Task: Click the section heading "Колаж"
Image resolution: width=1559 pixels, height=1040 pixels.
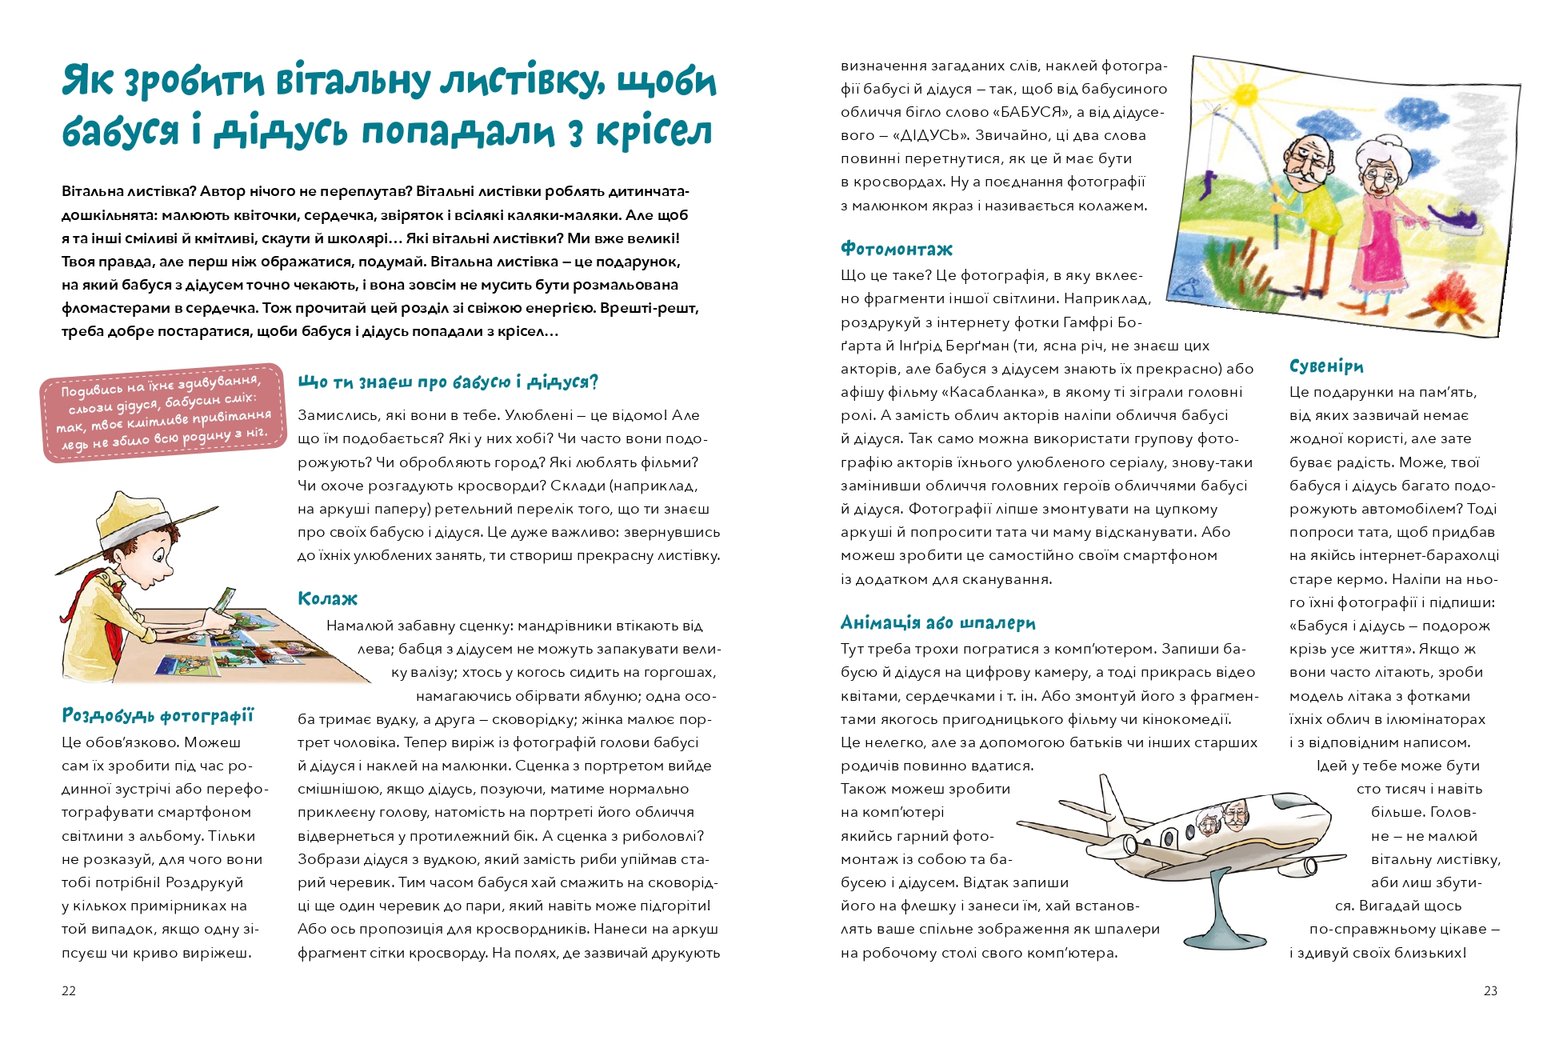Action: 327,598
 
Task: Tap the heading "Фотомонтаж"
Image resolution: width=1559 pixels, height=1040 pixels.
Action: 896,249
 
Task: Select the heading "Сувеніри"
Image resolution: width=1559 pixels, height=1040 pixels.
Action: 1325,366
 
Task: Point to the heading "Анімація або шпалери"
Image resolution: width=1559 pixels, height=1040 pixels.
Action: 937,622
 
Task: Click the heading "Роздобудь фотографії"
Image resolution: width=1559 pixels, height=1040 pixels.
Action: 158,715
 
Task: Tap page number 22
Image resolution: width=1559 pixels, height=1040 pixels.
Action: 69,990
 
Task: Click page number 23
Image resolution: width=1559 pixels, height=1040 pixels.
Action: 1490,990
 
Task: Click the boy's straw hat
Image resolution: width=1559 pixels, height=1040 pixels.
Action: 136,524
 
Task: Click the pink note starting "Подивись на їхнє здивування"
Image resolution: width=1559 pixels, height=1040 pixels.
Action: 164,411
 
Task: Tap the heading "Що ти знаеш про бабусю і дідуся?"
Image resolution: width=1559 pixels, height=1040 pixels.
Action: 448,382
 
